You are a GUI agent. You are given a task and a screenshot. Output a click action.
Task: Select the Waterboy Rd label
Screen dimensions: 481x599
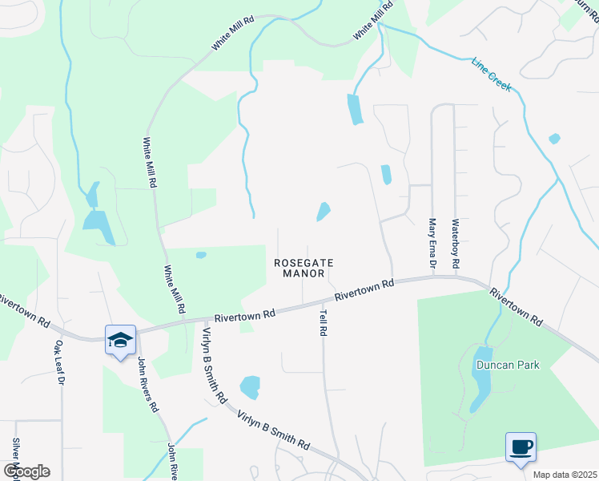click(456, 243)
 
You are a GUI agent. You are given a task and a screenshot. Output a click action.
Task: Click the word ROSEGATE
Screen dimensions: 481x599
click(304, 262)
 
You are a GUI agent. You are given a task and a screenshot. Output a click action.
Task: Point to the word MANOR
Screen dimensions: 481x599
click(304, 273)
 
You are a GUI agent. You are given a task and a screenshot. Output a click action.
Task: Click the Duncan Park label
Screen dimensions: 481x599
click(508, 365)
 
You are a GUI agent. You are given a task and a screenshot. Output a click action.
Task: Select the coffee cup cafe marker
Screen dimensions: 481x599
click(521, 447)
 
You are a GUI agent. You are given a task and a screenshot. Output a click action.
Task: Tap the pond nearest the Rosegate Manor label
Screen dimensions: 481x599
click(324, 212)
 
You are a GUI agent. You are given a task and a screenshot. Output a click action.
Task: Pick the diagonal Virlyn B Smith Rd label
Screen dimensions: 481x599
click(272, 430)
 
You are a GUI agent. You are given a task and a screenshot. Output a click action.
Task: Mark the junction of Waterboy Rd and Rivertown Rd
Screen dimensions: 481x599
click(456, 277)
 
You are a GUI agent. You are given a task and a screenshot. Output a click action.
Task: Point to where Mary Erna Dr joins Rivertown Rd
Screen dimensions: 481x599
click(432, 277)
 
